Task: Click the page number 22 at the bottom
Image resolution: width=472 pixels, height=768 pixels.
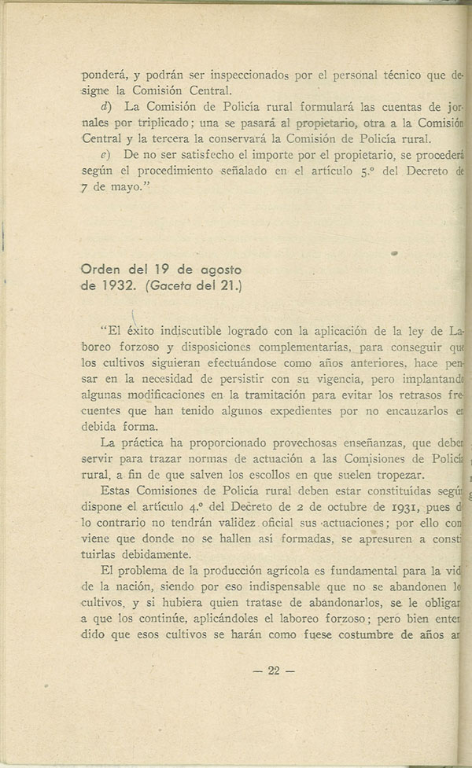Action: coord(274,671)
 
